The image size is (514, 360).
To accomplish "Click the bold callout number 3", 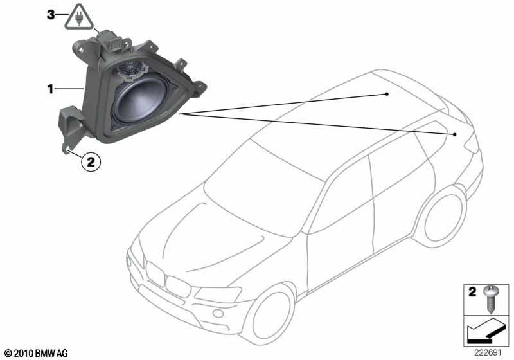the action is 51,15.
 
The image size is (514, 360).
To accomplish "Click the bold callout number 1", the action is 50,89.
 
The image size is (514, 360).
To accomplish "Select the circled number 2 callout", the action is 91,161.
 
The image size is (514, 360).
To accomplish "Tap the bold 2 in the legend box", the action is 472,291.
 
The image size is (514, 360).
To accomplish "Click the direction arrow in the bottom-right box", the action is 486,330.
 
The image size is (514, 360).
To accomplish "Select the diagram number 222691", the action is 488,353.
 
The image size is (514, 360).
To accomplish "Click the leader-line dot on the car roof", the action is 387,94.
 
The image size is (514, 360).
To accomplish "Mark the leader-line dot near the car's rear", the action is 455,134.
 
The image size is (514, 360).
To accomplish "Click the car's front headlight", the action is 218,293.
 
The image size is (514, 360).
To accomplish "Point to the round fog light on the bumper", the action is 218,314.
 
